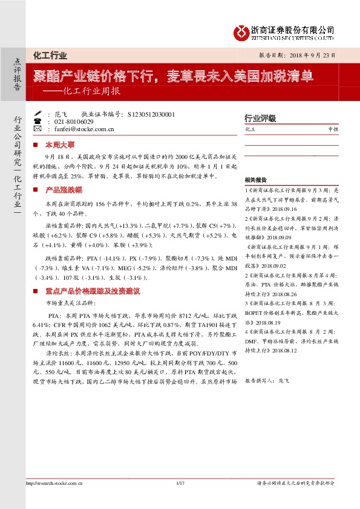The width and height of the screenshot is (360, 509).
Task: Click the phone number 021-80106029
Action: [x=72, y=122]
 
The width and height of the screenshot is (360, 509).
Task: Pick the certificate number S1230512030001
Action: [x=148, y=114]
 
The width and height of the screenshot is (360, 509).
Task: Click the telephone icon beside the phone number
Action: [x=38, y=122]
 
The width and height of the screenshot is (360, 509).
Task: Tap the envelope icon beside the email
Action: [x=38, y=129]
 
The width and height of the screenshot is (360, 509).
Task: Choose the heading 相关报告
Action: [x=257, y=180]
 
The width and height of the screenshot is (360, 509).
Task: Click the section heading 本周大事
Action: [x=63, y=146]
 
